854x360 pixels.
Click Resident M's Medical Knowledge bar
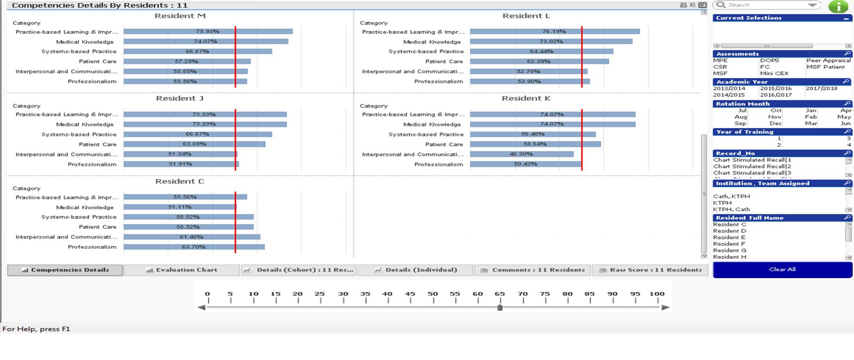click(x=206, y=41)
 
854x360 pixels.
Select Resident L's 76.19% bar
click(x=555, y=32)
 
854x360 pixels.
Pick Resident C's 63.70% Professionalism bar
click(x=194, y=247)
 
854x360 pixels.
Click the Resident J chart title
click(x=180, y=98)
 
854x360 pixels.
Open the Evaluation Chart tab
click(x=182, y=270)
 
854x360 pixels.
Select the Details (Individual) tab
click(x=416, y=270)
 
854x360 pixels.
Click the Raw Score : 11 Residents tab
click(x=650, y=270)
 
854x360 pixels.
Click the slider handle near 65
click(x=500, y=308)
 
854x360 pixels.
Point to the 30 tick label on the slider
click(x=343, y=294)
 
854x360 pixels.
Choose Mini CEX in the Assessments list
click(x=774, y=73)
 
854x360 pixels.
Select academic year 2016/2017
click(x=776, y=95)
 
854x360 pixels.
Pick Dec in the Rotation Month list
click(x=775, y=124)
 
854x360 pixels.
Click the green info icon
click(x=838, y=7)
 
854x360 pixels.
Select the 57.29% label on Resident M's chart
click(x=186, y=62)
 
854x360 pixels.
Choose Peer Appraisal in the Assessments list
click(x=828, y=61)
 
